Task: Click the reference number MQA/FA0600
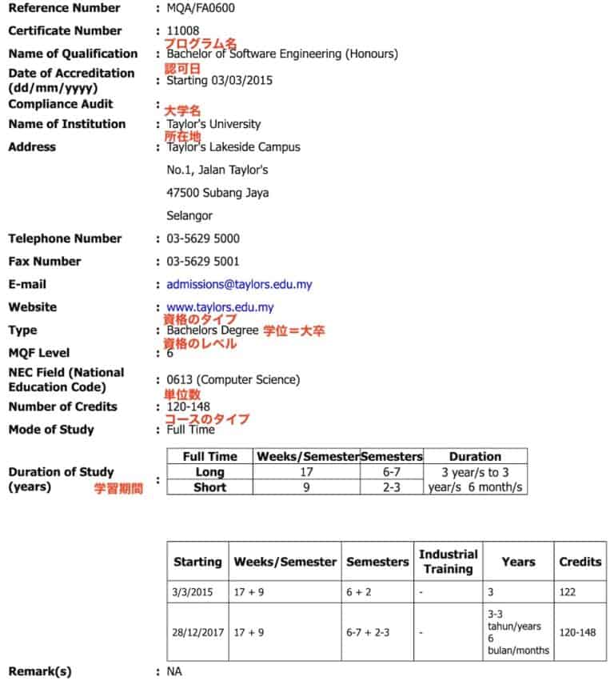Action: [201, 8]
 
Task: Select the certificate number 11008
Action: [183, 30]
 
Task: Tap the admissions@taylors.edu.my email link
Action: [239, 284]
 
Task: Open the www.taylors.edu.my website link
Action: [220, 307]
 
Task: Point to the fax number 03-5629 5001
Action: [203, 261]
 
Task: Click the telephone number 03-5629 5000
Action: [203, 238]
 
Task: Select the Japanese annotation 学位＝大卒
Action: [293, 330]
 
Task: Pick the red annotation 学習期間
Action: [119, 487]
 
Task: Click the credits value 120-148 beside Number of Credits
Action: [188, 407]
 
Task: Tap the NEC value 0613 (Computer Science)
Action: [233, 379]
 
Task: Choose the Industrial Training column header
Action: [448, 561]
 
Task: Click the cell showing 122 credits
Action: [565, 592]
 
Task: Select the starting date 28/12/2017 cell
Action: [197, 631]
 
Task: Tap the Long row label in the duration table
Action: [209, 472]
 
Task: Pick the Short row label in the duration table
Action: [209, 487]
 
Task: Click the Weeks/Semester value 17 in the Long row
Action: [306, 472]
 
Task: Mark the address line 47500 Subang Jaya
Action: [217, 193]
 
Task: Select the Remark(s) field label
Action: [39, 671]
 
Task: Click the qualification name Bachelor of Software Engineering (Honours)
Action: [282, 54]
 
